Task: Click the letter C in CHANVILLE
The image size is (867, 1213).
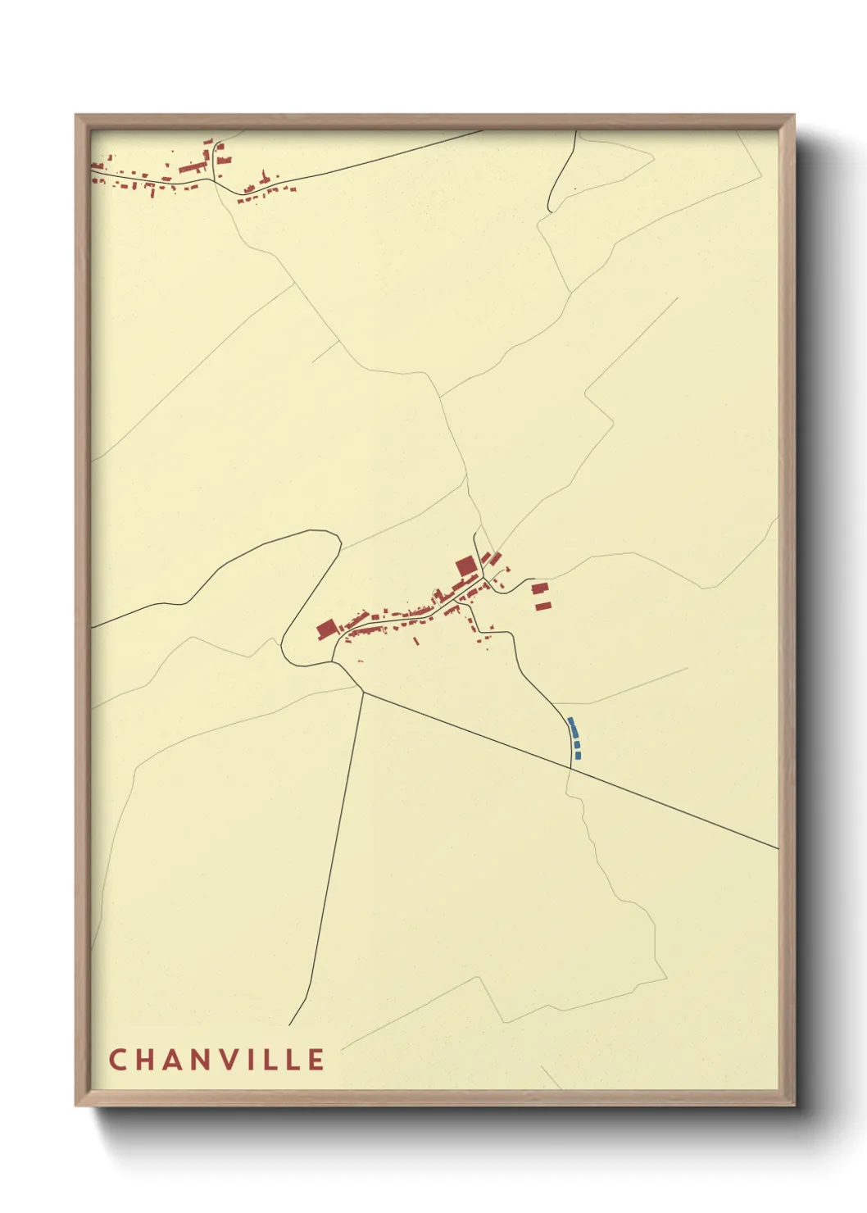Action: point(116,1060)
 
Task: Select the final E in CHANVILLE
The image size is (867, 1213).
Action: point(316,1060)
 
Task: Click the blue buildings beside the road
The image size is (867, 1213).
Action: point(574,737)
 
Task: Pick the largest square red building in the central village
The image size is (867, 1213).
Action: point(465,566)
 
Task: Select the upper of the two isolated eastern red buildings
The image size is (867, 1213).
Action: point(539,588)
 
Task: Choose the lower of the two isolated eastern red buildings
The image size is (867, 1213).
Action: point(543,606)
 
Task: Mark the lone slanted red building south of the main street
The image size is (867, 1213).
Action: point(415,641)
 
